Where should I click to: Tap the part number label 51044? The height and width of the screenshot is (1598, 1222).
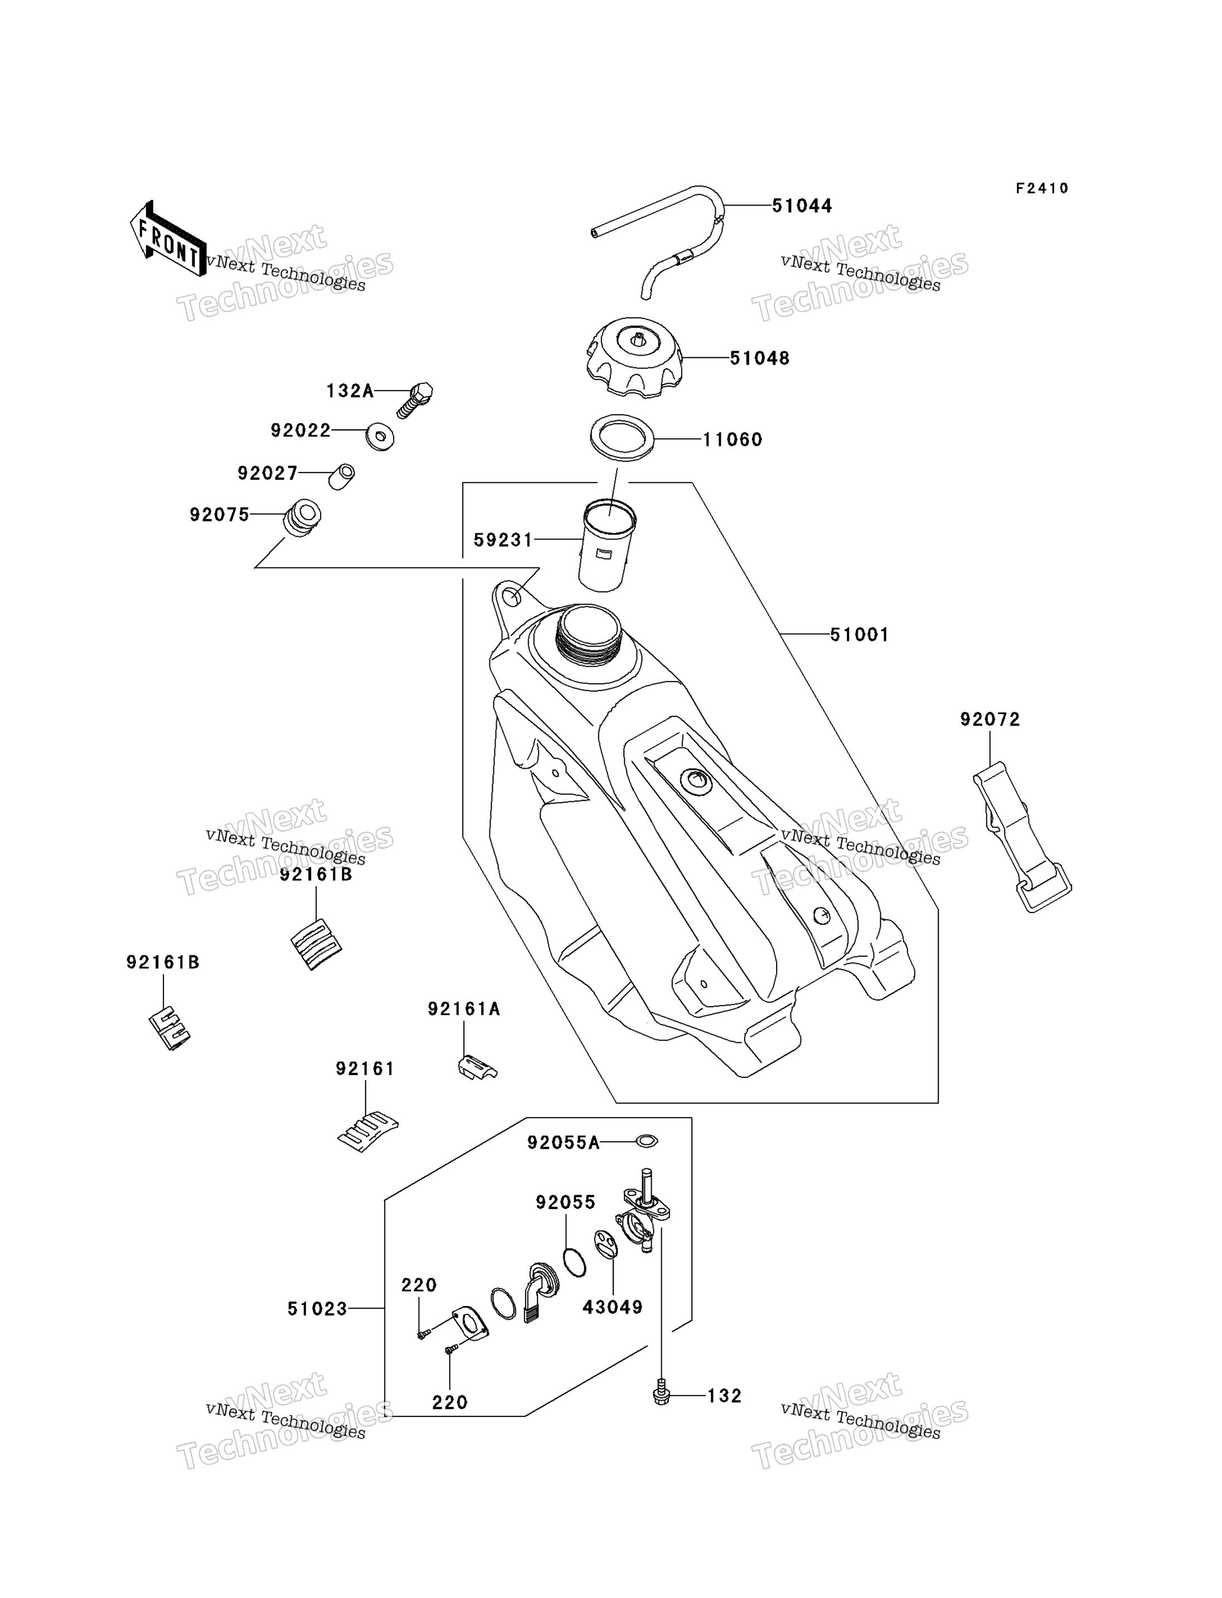click(802, 206)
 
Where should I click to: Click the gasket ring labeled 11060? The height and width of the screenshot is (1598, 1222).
click(622, 438)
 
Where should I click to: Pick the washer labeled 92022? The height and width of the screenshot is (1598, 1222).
click(380, 437)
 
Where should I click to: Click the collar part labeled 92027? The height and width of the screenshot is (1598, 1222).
click(341, 477)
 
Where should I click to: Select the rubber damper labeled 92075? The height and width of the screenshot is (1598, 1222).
click(301, 517)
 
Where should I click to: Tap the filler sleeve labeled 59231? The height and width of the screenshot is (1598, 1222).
click(607, 544)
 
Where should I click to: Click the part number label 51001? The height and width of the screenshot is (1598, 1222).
click(859, 635)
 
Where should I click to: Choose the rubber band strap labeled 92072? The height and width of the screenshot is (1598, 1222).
click(1022, 837)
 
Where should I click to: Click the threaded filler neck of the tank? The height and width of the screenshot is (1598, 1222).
click(588, 630)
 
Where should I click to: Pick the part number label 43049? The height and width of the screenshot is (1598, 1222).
click(613, 1308)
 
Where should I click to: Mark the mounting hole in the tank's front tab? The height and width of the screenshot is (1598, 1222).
click(513, 598)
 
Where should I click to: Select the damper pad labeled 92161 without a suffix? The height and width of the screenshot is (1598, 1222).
click(368, 1133)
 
